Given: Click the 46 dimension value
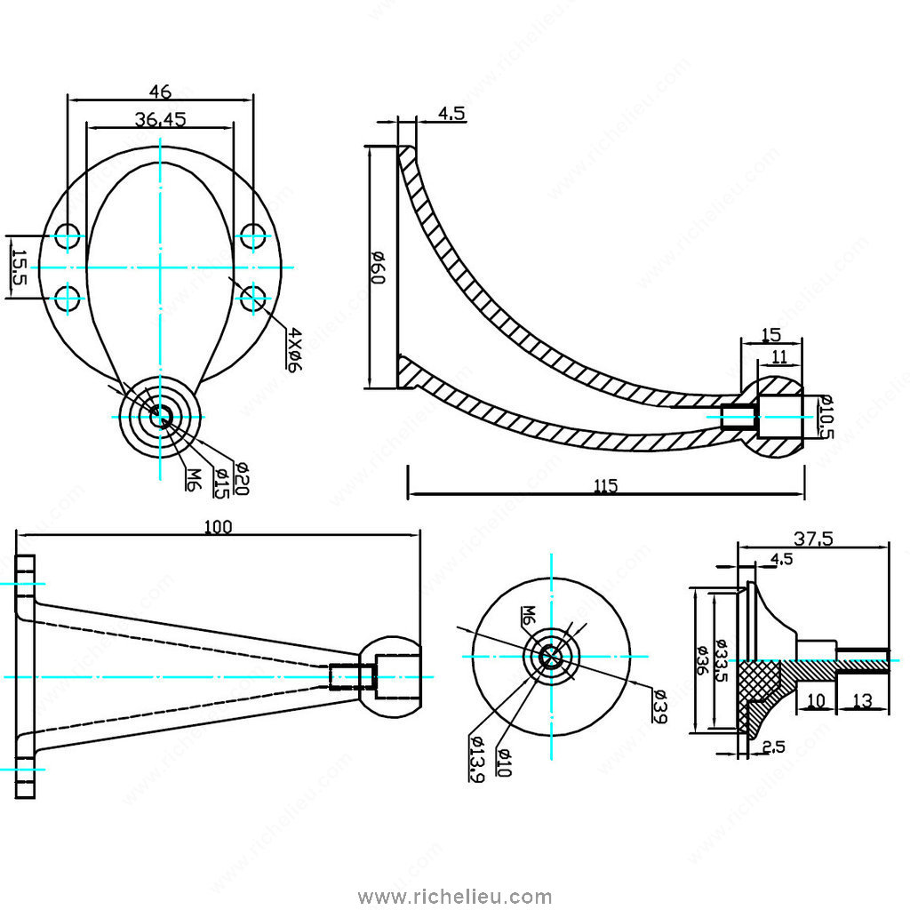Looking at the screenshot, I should tap(160, 91).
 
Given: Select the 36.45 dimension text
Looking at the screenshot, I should tap(160, 119).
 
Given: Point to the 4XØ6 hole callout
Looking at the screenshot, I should tap(294, 350).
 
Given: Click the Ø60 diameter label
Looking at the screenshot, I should tap(377, 267).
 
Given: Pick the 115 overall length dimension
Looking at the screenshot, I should tap(605, 485).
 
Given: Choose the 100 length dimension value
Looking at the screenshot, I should tap(218, 526).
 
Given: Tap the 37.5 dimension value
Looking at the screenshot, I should tap(813, 538).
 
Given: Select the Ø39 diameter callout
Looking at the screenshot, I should tap(659, 706).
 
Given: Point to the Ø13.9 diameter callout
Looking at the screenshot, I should tap(475, 759).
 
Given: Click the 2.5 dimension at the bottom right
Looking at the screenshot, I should tap(773, 747).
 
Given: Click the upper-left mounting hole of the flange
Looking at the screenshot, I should tap(68, 236).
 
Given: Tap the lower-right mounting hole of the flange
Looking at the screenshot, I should tap(253, 298).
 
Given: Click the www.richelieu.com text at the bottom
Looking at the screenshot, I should tap(454, 897).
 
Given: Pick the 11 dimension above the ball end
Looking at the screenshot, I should tap(779, 356).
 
